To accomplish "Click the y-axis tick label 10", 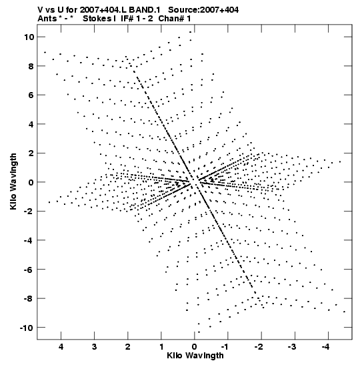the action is click(29, 37).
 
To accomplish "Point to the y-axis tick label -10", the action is click(27, 328).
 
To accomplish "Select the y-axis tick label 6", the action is click(31, 95).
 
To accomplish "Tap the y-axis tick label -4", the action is click(29, 240).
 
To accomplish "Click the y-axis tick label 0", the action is click(31, 182).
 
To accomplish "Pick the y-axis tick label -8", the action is click(29, 298).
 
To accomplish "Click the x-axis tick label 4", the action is click(61, 347).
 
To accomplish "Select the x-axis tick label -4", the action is click(327, 347).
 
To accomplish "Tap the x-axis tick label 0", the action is click(195, 347).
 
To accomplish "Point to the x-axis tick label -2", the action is click(259, 347).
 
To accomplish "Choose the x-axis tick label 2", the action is click(128, 347).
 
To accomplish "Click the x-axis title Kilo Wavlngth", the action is click(195, 356).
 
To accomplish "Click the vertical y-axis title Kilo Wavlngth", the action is click(13, 181).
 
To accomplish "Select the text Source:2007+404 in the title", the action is click(203, 10).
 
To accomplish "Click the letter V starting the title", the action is click(41, 10).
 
